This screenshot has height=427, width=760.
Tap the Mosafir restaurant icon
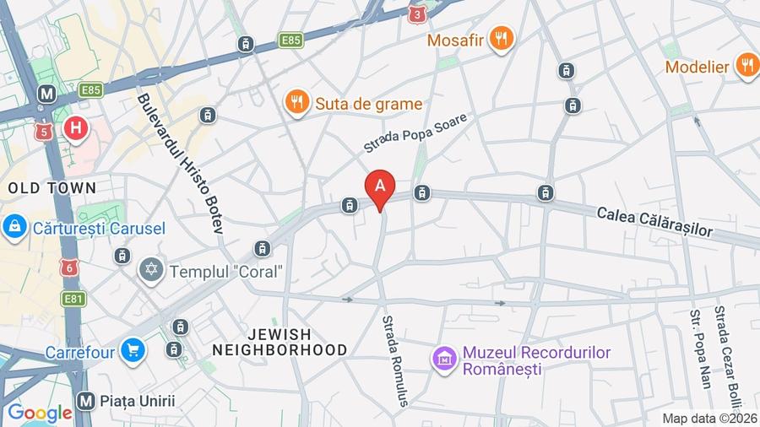(x=502, y=38)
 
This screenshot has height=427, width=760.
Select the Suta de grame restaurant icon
(x=296, y=103)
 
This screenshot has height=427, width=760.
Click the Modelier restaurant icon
(x=746, y=65)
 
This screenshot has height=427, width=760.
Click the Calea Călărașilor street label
(x=654, y=221)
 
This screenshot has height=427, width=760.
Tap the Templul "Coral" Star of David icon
(x=152, y=272)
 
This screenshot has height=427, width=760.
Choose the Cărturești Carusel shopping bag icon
(x=14, y=226)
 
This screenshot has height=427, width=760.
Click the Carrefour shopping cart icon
(x=132, y=350)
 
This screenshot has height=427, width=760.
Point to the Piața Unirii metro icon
(x=84, y=400)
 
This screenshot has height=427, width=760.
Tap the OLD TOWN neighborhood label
(x=52, y=187)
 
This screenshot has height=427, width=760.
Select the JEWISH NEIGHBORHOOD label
(x=280, y=342)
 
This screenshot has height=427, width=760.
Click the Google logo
(x=39, y=413)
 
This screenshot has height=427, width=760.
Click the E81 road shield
(x=73, y=298)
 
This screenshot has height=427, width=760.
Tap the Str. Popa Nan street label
(x=700, y=348)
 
